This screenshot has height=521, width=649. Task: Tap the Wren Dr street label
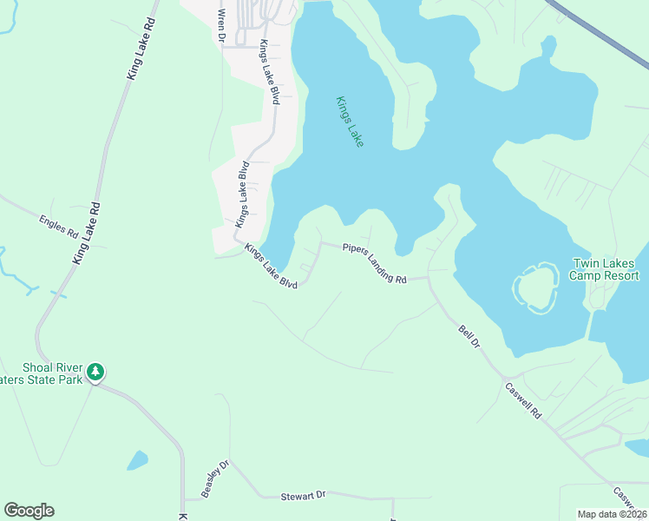pyautogui.click(x=221, y=26)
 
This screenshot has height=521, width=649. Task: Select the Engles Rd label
pyautogui.click(x=59, y=227)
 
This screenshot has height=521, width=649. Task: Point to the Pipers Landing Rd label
pyautogui.click(x=374, y=263)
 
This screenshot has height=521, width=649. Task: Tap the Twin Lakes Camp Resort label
pyautogui.click(x=605, y=269)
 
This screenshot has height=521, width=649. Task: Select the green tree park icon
pyautogui.click(x=95, y=373)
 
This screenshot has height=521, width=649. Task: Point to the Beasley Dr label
pyautogui.click(x=214, y=478)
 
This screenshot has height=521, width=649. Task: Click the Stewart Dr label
pyautogui.click(x=303, y=495)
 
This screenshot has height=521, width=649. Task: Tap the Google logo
pyautogui.click(x=29, y=511)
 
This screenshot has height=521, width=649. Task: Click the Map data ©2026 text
pyautogui.click(x=612, y=514)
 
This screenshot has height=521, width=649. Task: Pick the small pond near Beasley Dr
pyautogui.click(x=137, y=460)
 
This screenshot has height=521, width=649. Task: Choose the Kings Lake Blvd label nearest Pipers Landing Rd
pyautogui.click(x=271, y=267)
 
